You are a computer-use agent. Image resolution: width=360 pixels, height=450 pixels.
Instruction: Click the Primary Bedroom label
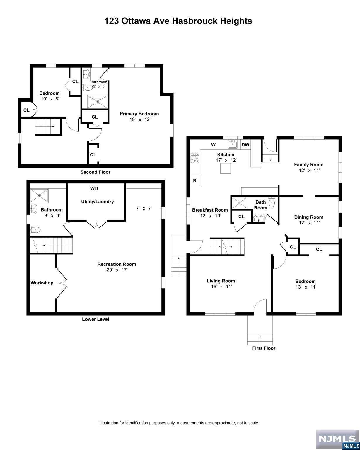click(x=139, y=114)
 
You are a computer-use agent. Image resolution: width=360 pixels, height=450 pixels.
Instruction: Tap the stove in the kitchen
click(x=195, y=158)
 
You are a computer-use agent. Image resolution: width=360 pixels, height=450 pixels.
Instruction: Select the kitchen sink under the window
click(x=233, y=144)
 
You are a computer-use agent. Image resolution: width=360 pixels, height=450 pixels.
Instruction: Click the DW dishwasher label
click(x=245, y=145)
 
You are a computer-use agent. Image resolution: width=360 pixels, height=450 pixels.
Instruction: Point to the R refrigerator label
click(x=194, y=180)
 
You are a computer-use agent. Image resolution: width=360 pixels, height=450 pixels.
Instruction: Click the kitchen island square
click(x=225, y=168)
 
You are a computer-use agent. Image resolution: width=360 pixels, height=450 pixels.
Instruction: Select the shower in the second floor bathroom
click(x=97, y=102)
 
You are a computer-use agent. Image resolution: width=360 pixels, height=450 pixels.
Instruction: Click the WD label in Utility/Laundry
click(x=94, y=189)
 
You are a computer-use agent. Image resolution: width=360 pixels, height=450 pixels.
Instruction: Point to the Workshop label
click(x=42, y=283)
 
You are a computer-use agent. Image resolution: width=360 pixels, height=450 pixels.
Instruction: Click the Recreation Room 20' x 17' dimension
click(x=117, y=270)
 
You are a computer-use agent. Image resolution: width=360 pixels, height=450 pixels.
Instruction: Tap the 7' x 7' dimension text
click(x=144, y=208)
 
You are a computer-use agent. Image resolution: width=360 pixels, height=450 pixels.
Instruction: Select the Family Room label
click(x=308, y=165)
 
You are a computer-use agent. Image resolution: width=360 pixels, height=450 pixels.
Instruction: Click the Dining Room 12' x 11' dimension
click(x=309, y=223)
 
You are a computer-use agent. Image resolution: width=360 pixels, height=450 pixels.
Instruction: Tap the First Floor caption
click(x=264, y=348)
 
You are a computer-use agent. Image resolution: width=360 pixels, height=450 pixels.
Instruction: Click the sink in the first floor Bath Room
click(x=258, y=219)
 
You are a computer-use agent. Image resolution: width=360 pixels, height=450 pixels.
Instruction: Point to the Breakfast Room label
click(x=210, y=210)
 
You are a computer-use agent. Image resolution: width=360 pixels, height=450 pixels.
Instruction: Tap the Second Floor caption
click(x=95, y=172)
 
